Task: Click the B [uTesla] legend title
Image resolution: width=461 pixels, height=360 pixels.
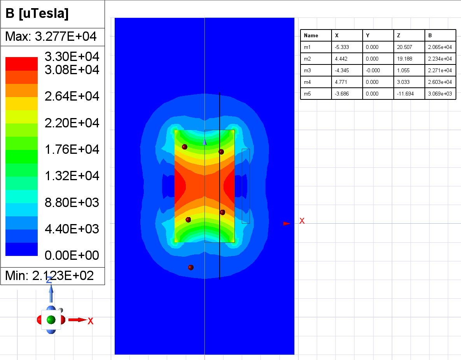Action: click(x=37, y=14)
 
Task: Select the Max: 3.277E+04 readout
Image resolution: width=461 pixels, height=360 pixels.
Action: click(x=51, y=37)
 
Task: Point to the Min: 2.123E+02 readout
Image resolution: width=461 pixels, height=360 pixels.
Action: click(x=49, y=276)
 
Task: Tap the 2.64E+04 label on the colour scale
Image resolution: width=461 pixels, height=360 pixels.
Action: click(x=72, y=96)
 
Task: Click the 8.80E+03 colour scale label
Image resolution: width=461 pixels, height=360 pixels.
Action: click(x=72, y=203)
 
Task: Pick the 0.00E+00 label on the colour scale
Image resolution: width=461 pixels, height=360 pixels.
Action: click(x=72, y=256)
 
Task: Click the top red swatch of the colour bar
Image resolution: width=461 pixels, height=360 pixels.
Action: click(x=21, y=64)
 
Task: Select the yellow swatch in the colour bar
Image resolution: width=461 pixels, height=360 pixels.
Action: click(x=21, y=104)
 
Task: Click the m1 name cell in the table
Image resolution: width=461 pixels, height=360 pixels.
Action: click(x=307, y=47)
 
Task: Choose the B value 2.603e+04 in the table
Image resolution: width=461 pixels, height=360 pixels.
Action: click(x=440, y=82)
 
